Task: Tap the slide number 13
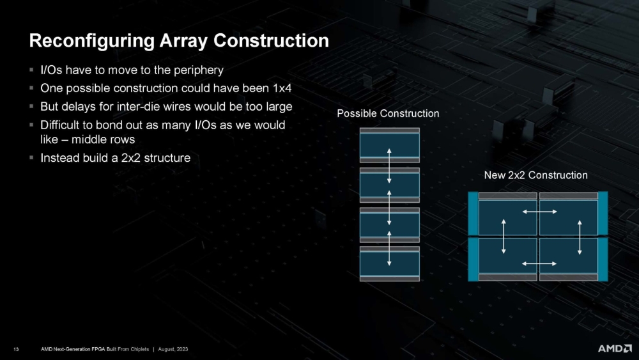(15, 348)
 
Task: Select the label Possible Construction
(388, 114)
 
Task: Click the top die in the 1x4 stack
(389, 145)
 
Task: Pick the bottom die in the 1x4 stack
(389, 263)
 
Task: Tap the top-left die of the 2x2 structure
(507, 217)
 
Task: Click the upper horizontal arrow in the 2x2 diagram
(537, 212)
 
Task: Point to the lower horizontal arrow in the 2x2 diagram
(537, 263)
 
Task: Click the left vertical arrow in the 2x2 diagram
(504, 237)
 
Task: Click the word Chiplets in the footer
(139, 348)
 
